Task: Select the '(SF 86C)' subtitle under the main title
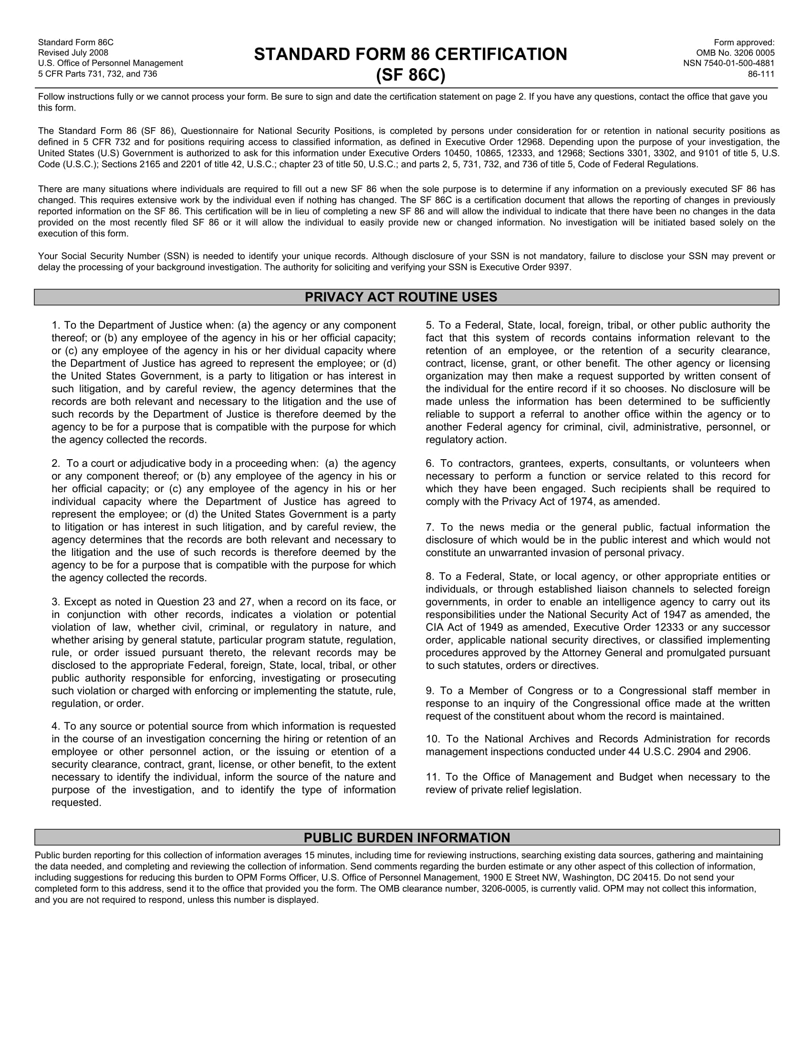[410, 75]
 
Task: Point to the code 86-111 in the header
[761, 74]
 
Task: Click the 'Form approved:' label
[744, 42]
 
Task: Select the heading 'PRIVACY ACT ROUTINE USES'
[401, 297]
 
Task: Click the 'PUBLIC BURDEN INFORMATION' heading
[406, 838]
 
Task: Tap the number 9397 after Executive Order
[559, 267]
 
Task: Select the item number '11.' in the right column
[433, 777]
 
